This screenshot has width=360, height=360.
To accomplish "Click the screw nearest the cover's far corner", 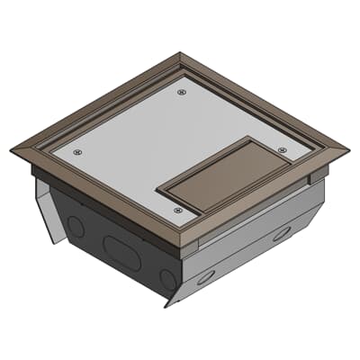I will (182, 91).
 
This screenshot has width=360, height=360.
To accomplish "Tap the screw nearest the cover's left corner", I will (77, 151).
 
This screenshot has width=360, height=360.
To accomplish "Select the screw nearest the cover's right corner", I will (283, 149).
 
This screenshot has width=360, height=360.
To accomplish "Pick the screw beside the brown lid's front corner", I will (177, 210).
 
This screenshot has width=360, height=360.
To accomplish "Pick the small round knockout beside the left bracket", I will (77, 228).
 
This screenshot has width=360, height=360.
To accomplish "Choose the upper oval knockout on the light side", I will (282, 233).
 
